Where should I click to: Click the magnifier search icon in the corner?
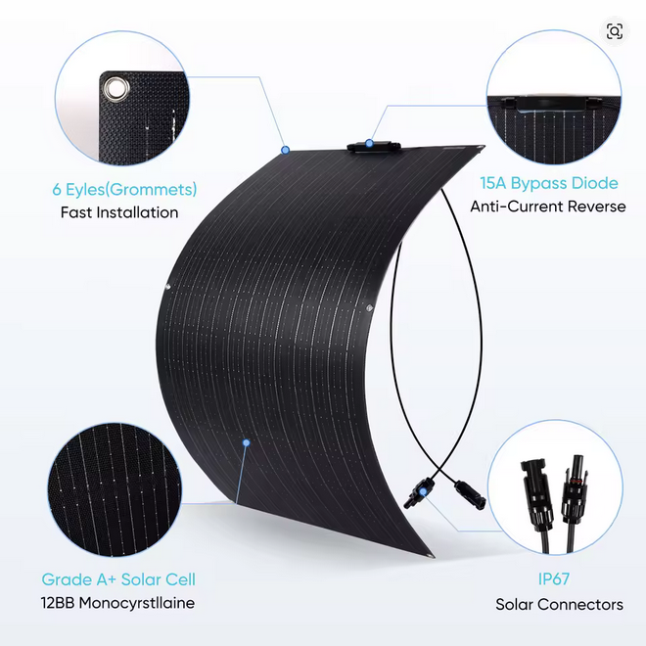coord(615,31)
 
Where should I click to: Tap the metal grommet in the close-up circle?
coord(116,89)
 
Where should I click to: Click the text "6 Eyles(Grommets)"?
coord(124,190)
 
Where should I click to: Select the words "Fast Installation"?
coord(119,212)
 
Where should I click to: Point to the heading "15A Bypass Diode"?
coord(549,184)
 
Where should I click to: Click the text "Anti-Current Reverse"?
coord(548,207)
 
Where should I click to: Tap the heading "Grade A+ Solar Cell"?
coord(118,579)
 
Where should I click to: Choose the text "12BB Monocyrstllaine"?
coord(117,603)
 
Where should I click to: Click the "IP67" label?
coord(554,578)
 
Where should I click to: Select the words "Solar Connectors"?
coord(559,604)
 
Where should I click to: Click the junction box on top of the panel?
coord(374,148)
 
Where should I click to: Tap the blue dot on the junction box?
coord(369,143)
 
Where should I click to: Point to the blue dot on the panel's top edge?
coord(285,150)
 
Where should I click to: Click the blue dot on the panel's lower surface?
coord(247,442)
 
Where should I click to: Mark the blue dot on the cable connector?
coord(423,492)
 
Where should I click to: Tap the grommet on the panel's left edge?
coord(167,287)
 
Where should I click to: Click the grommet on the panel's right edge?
coord(369,307)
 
